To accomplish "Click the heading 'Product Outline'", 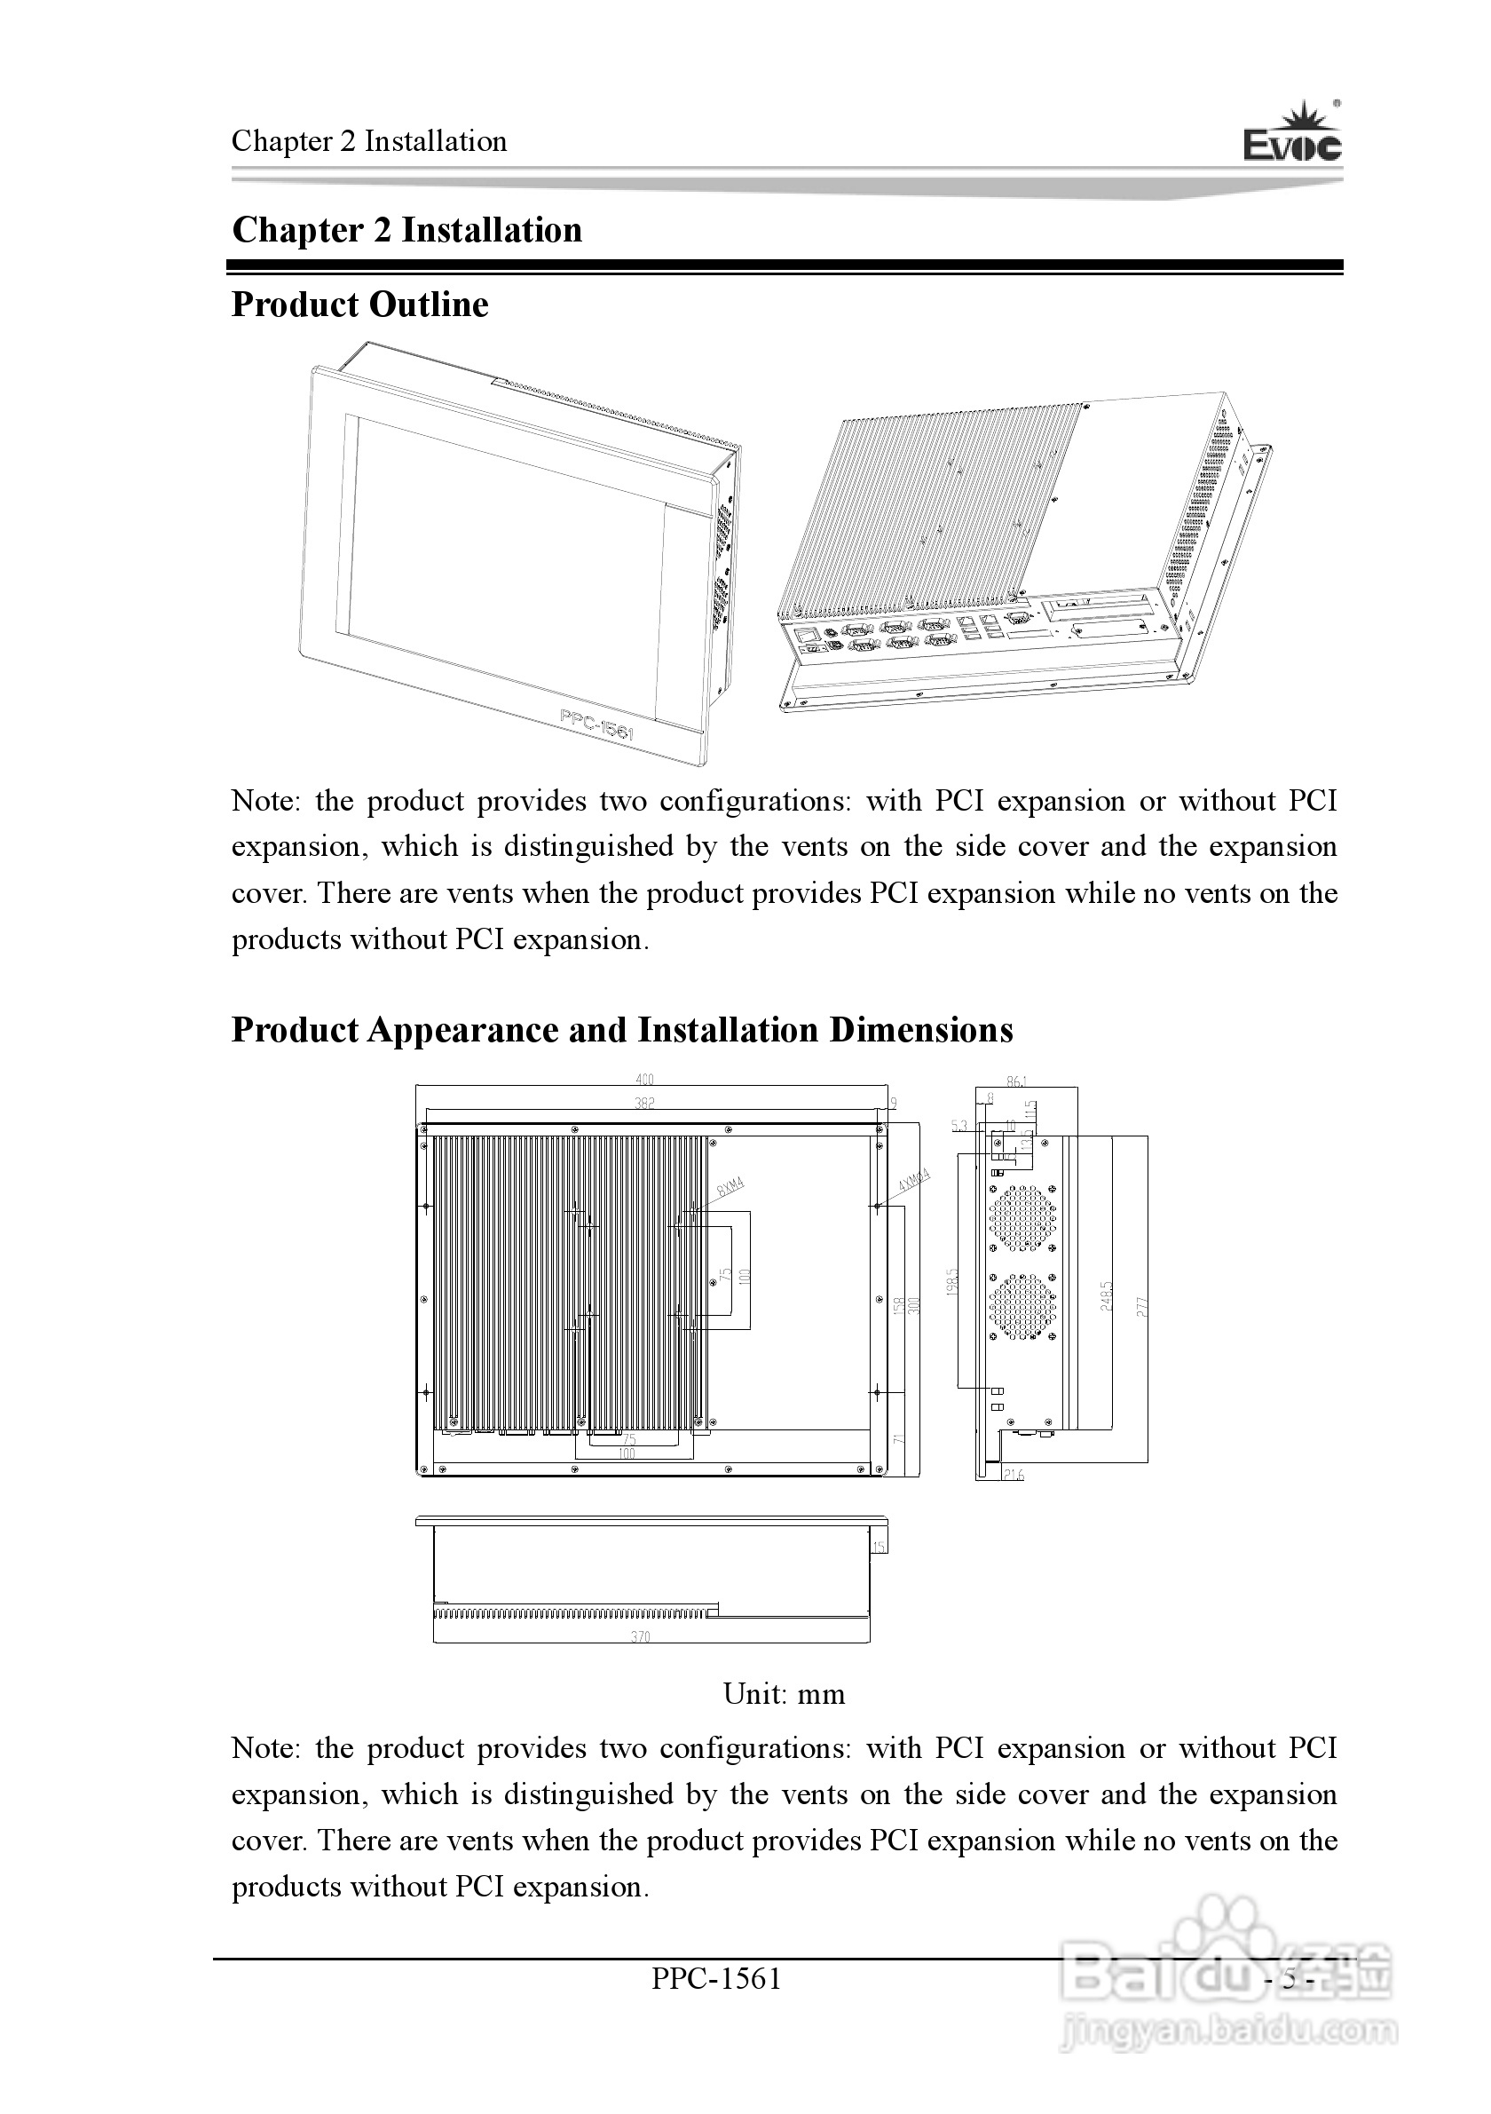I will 359,305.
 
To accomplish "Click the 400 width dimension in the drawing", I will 644,1080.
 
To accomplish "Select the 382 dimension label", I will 644,1102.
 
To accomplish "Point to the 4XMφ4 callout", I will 914,1180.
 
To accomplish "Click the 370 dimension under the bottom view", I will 641,1637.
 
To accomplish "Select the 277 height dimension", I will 1142,1305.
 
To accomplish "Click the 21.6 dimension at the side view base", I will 1013,1475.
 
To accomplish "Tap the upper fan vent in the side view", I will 1022,1217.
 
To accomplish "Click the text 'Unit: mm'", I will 784,1695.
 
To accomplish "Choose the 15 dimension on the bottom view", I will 880,1547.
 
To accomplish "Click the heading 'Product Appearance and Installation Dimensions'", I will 622,1030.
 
